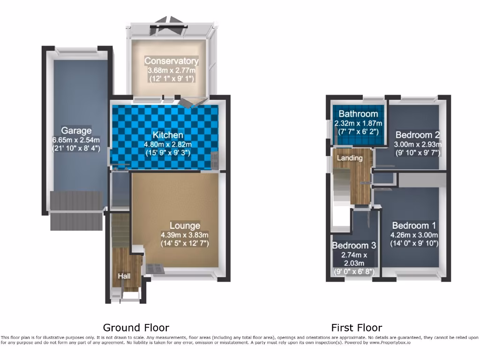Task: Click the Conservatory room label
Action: (171, 61)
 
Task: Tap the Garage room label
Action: (76, 130)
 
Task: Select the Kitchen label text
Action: (167, 135)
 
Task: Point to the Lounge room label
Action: (185, 225)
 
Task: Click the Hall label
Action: (124, 276)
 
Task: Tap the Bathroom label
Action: (358, 114)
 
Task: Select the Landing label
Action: (350, 158)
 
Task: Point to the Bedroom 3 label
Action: (354, 246)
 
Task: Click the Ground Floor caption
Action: (136, 328)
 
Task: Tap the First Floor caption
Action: (356, 328)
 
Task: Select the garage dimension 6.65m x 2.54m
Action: (76, 140)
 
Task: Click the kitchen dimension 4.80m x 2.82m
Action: (167, 144)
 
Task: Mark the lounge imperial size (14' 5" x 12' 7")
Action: (185, 243)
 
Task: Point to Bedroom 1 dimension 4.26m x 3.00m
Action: (414, 235)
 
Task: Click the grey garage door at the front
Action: (76, 210)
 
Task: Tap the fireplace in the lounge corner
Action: (155, 269)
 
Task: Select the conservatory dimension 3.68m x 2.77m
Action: (171, 70)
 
